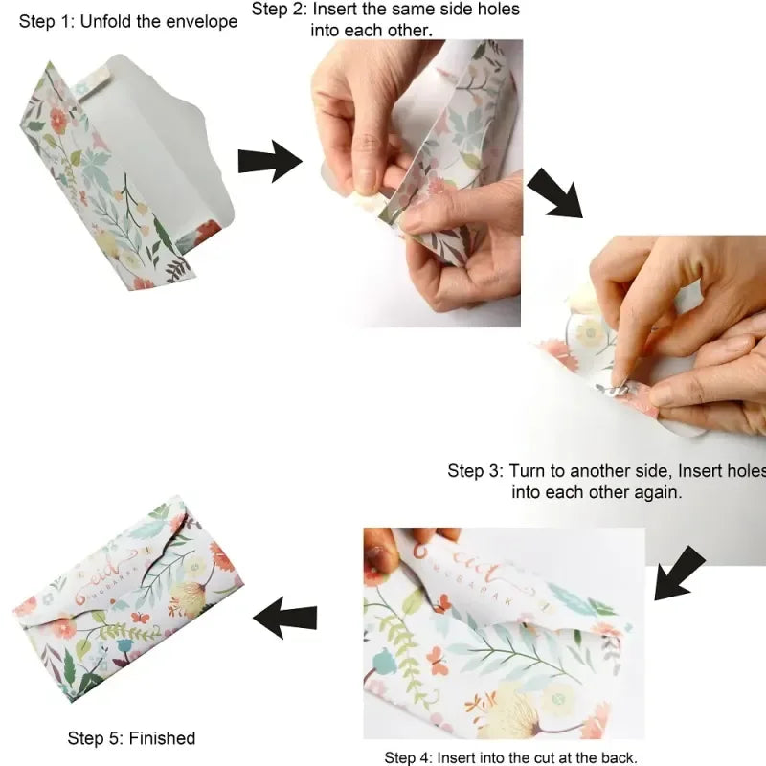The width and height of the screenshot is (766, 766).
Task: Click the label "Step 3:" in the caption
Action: pyautogui.click(x=475, y=471)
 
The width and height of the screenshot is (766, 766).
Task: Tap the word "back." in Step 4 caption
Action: pyautogui.click(x=615, y=757)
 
